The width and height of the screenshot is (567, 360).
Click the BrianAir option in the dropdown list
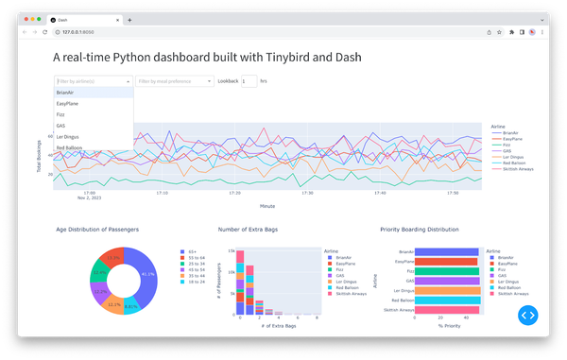(x=65, y=93)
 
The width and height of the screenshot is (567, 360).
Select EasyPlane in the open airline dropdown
(x=67, y=104)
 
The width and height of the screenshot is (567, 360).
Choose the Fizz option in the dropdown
(x=61, y=114)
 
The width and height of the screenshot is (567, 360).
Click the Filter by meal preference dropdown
(x=175, y=81)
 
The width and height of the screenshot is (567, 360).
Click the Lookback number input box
(x=249, y=81)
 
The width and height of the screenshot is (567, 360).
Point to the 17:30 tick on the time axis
(x=307, y=193)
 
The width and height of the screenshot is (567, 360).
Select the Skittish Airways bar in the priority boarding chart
(x=449, y=310)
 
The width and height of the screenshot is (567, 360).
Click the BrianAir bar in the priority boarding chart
(x=448, y=252)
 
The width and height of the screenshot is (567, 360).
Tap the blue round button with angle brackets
(x=527, y=315)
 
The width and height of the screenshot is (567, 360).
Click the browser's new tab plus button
(x=129, y=19)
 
